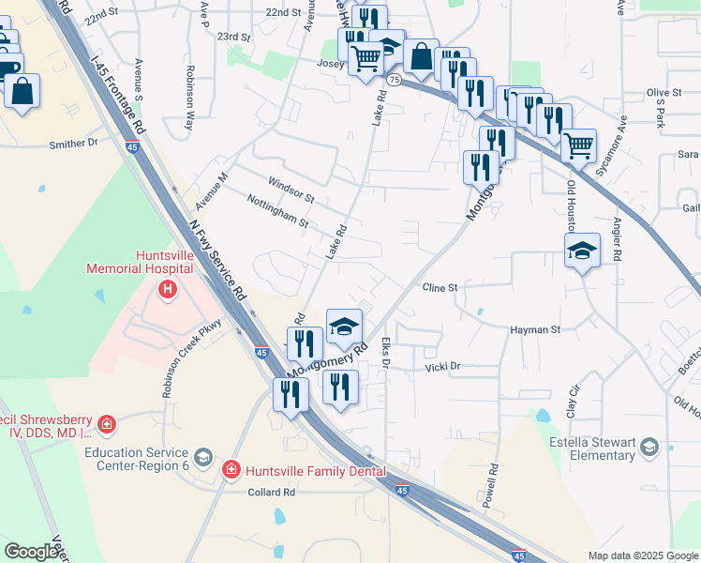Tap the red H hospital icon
pyautogui.click(x=168, y=289)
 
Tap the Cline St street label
pyautogui.click(x=439, y=288)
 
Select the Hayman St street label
pyautogui.click(x=534, y=330)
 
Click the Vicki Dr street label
pyautogui.click(x=442, y=367)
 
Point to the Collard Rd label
pyautogui.click(x=271, y=492)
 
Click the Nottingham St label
pyautogui.click(x=277, y=211)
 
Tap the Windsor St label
pyautogui.click(x=291, y=189)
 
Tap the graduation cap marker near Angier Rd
pyautogui.click(x=582, y=251)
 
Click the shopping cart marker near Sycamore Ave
pyautogui.click(x=579, y=145)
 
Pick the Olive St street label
pyautogui.click(x=664, y=93)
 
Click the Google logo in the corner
pyautogui.click(x=31, y=552)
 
